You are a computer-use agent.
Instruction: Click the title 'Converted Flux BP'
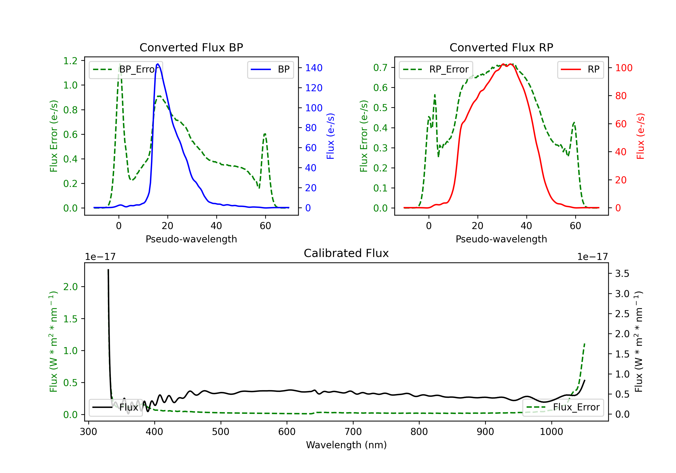(191, 47)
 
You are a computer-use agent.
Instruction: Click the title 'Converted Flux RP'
(501, 47)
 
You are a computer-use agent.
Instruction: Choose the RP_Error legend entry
(436, 69)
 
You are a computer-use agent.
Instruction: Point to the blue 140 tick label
(314, 68)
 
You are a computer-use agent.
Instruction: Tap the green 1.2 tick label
(70, 61)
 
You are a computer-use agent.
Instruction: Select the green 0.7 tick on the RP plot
(380, 68)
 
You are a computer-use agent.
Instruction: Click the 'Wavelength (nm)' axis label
(346, 445)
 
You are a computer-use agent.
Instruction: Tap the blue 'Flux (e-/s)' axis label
(330, 136)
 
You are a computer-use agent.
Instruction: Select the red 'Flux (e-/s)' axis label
(640, 136)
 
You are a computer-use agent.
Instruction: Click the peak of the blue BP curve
(158, 64)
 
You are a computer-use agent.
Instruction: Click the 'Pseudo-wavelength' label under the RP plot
(501, 239)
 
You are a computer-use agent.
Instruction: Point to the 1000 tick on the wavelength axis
(551, 432)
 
